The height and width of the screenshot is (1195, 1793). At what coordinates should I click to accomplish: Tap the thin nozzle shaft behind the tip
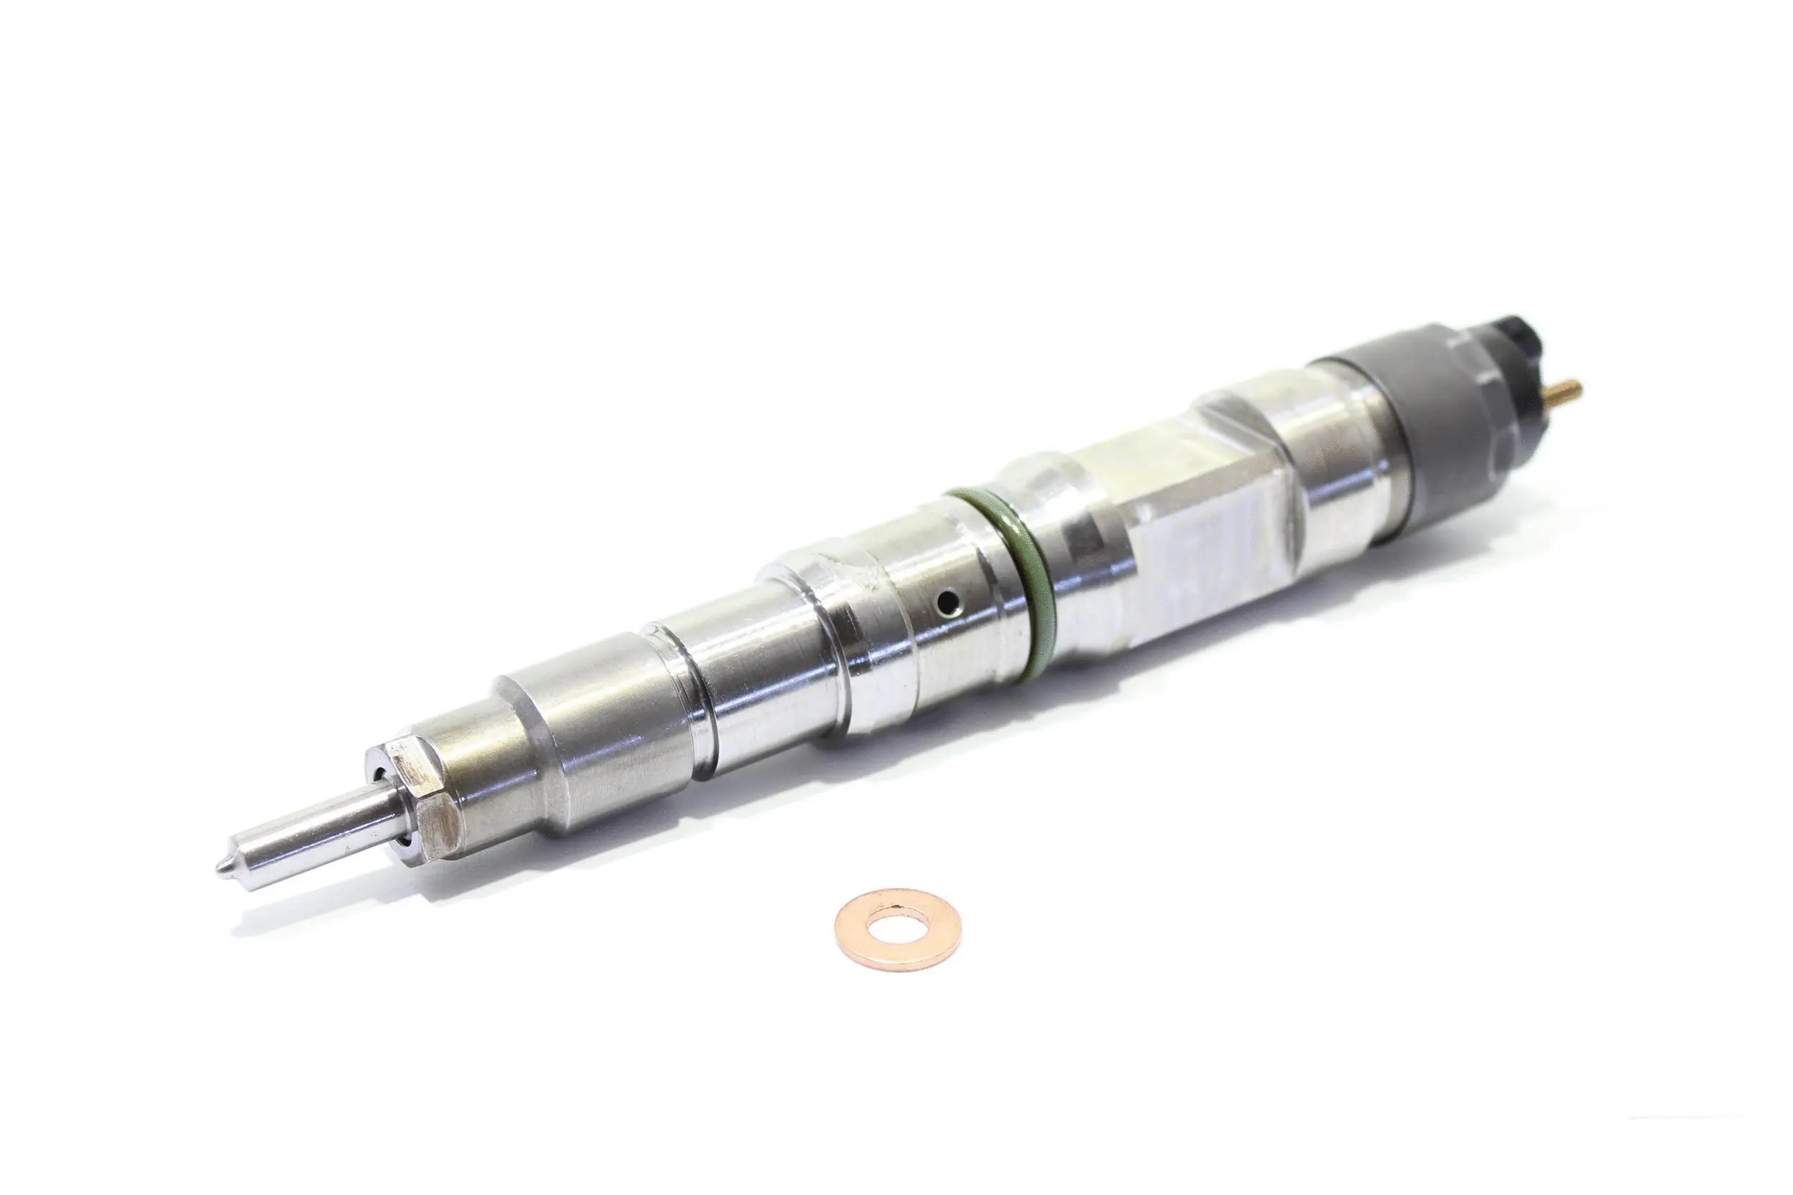pos(305,842)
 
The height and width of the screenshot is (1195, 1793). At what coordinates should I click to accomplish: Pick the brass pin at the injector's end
pos(1566,394)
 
